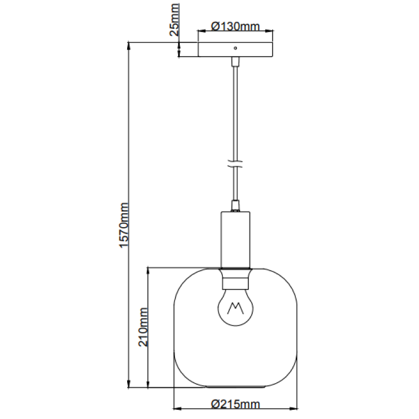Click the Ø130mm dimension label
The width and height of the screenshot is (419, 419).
(x=235, y=26)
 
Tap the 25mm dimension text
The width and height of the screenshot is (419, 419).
(x=174, y=26)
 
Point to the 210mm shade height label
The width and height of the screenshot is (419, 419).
(x=143, y=327)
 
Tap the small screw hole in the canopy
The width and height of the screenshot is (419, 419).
(x=235, y=48)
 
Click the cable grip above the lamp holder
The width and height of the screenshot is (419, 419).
(x=235, y=206)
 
